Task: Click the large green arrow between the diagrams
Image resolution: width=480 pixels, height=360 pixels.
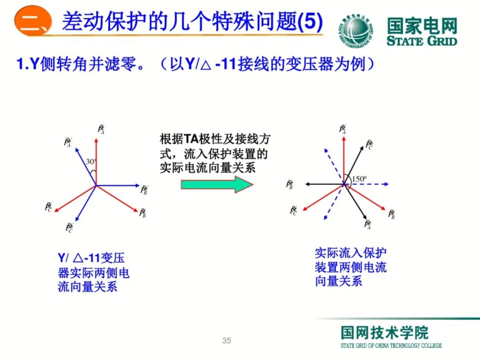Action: pos(217,184)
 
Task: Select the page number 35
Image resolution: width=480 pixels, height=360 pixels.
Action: pos(227,341)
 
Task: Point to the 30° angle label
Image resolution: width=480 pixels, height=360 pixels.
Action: pos(91,162)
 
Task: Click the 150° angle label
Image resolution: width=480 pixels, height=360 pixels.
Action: pos(360,179)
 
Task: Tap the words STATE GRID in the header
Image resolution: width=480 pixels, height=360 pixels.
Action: pos(421,41)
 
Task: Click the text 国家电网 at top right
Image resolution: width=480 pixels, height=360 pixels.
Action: pos(421,26)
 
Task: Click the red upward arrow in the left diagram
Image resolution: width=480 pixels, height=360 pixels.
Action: pos(96,160)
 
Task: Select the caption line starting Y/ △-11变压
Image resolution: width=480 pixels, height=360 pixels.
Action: pos(91,258)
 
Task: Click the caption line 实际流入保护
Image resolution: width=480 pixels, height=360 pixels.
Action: pos(351,253)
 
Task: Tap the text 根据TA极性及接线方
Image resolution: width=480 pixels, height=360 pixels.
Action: pos(215,139)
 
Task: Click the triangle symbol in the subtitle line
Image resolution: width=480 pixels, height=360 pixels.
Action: pos(205,65)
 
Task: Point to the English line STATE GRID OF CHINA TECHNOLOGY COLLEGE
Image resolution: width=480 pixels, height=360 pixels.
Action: pos(391,346)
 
